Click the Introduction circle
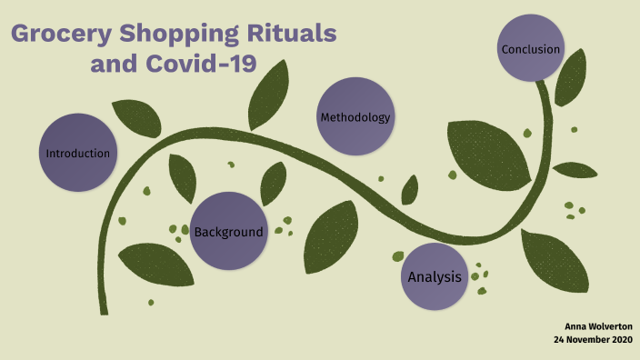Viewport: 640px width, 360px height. tap(78, 152)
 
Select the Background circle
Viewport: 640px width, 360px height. tap(228, 231)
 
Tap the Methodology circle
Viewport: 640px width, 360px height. tap(355, 116)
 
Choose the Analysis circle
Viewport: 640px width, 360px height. tap(435, 276)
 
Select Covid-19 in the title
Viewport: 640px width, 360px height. tap(204, 65)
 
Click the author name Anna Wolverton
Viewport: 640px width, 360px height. tap(598, 325)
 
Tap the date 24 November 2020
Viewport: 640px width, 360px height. tap(593, 339)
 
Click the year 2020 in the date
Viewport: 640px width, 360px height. tap(621, 339)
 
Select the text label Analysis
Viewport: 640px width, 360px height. tap(435, 276)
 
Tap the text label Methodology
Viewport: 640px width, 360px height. tap(355, 117)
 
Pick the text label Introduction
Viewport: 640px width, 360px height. tap(78, 153)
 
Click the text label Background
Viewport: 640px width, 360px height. tap(228, 232)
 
